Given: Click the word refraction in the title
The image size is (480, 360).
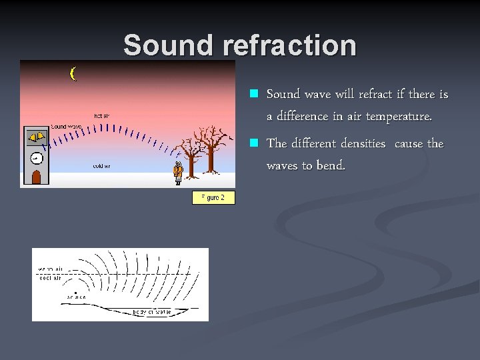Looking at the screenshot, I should pyautogui.click(x=289, y=45).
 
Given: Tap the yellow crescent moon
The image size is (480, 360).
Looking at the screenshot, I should pyautogui.click(x=73, y=73).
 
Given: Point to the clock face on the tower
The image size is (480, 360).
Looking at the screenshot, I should pyautogui.click(x=36, y=158).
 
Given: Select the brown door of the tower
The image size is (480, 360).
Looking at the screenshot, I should pyautogui.click(x=37, y=177).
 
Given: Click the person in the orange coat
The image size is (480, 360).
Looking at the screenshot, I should pyautogui.click(x=177, y=173).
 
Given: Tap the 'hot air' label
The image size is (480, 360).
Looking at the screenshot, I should pyautogui.click(x=101, y=115).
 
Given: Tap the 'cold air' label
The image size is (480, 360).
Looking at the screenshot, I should pyautogui.click(x=101, y=165).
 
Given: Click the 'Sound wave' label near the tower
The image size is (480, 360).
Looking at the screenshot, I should pyautogui.click(x=66, y=126).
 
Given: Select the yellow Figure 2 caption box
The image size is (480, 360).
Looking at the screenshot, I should pyautogui.click(x=213, y=197).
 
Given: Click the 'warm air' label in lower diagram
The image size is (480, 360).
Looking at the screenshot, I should pyautogui.click(x=49, y=269).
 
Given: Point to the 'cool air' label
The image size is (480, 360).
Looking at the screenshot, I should pyautogui.click(x=49, y=278).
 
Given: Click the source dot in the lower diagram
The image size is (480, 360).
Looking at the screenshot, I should pyautogui.click(x=76, y=292).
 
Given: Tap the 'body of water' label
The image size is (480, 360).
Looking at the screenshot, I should pyautogui.click(x=151, y=311).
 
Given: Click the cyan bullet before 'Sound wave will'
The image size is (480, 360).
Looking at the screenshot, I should pyautogui.click(x=253, y=95).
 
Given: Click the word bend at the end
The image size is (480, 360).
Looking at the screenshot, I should pyautogui.click(x=332, y=166).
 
